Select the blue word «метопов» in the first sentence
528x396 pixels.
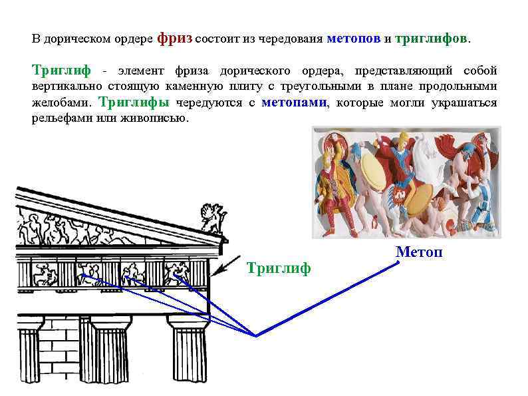(353, 39)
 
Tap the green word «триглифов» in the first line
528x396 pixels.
(431, 39)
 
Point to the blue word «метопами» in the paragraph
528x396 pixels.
(294, 102)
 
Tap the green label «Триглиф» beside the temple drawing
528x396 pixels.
(279, 268)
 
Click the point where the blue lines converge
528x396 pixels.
(256, 335)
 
